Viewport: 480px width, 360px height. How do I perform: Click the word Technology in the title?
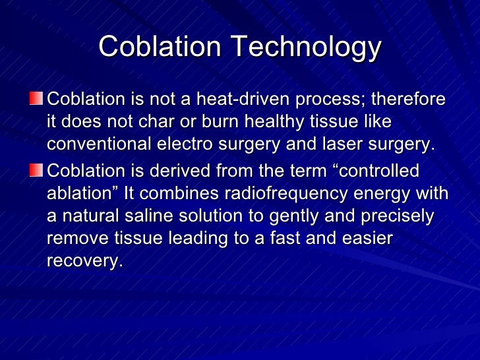point(307,47)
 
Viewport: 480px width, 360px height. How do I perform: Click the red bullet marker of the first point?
point(36,100)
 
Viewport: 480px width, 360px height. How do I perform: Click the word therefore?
point(408,100)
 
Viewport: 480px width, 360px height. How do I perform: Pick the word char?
point(164,122)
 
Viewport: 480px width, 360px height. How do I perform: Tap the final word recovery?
point(84,261)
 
